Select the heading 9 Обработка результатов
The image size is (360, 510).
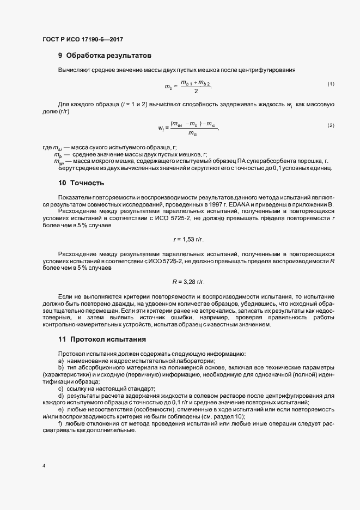[x=101, y=56]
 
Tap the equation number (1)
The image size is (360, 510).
[x=331, y=83]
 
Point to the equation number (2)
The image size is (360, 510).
[x=331, y=125]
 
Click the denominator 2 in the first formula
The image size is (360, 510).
[x=196, y=91]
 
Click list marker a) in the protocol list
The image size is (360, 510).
[x=60, y=361]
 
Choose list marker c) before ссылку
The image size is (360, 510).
[x=60, y=388]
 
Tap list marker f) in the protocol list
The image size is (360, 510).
[x=60, y=423]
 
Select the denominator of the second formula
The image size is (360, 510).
[x=193, y=133]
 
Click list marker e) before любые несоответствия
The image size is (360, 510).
[x=60, y=409]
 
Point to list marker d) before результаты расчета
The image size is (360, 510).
[x=60, y=396]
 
